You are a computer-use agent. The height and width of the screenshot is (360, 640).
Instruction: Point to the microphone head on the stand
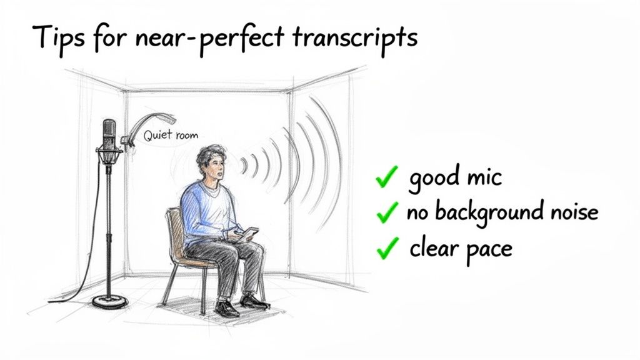(x=109, y=134)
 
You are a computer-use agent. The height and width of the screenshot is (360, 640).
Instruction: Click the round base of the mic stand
(x=110, y=302)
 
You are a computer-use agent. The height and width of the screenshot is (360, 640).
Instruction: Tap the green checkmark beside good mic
(x=387, y=179)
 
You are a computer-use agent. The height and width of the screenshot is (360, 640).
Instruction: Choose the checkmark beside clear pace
(x=387, y=249)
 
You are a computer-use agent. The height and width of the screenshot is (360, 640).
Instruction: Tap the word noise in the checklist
(x=569, y=212)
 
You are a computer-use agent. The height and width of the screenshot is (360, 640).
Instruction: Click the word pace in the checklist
(x=489, y=249)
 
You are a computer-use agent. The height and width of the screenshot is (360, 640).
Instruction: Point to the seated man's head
(x=211, y=164)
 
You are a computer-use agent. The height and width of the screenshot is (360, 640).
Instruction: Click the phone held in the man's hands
(x=248, y=233)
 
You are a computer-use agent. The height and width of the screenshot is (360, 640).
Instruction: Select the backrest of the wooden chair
(x=174, y=231)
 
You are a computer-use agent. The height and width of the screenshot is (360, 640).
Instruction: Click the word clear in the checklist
(x=434, y=248)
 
